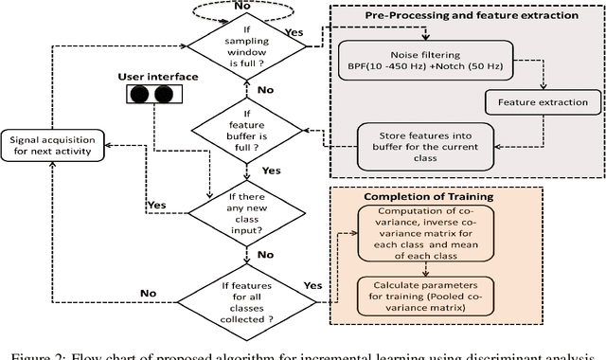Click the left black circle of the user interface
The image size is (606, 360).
point(140,95)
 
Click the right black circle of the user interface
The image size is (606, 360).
point(164,95)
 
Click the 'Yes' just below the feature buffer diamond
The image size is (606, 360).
point(271,171)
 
